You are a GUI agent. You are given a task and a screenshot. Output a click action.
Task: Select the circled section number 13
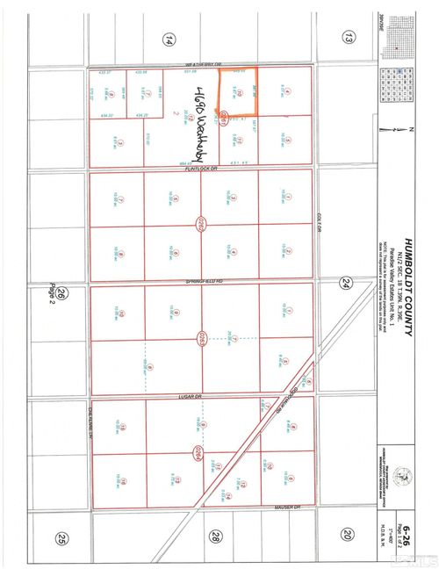coord(349,36)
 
